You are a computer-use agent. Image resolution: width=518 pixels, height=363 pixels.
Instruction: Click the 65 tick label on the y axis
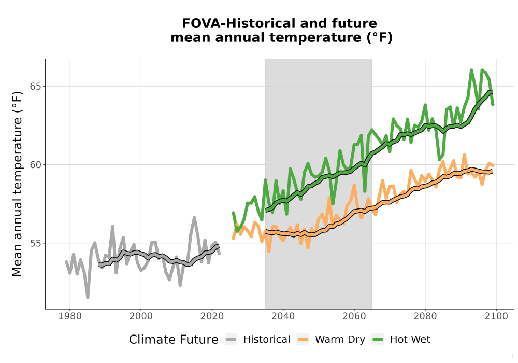pos(36,86)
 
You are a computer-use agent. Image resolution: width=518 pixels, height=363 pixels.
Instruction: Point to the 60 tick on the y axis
pos(36,164)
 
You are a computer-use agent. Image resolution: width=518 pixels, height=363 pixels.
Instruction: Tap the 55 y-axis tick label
pos(36,243)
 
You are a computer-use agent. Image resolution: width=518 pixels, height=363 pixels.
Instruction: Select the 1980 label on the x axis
pos(70,316)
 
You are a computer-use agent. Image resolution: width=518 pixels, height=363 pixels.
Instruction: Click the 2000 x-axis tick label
pos(141,316)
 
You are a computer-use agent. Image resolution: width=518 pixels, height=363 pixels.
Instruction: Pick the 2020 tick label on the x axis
pos(212,316)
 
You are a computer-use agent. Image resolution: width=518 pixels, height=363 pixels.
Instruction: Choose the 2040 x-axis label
pos(283,316)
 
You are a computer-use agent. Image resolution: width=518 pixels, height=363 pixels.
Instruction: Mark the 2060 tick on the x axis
pos(354,316)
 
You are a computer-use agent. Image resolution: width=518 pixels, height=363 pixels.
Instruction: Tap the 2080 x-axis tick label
pos(425,316)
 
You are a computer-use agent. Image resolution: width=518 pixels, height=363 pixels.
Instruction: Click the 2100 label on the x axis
pos(496,316)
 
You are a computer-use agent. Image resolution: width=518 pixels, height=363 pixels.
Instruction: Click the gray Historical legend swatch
pos(231,340)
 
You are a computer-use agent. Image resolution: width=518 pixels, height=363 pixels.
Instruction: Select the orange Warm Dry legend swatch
pos(303,340)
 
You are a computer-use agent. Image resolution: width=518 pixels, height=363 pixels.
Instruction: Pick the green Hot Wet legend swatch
pos(378,340)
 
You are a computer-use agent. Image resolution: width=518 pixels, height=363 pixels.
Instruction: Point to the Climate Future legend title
pos(174,340)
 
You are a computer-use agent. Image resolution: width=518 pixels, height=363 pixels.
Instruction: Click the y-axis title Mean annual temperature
pos(17,184)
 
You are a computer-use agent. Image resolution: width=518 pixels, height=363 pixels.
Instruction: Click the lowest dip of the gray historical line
pos(88,298)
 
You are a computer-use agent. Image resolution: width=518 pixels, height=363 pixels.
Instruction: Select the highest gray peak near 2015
pos(194,217)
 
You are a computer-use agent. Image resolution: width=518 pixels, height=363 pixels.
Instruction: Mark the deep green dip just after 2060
pos(365,191)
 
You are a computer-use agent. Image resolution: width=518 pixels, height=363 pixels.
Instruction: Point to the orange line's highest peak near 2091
pos(465,155)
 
